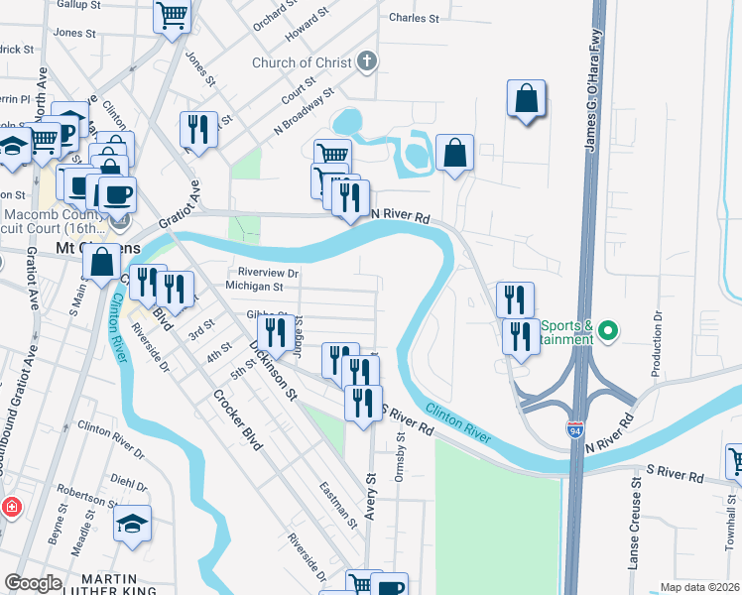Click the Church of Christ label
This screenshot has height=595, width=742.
302,63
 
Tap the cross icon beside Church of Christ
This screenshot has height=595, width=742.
367,62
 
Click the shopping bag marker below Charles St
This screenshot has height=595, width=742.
527,99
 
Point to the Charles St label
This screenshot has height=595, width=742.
414,18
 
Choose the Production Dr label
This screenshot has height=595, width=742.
657,344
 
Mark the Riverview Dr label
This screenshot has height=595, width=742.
268,272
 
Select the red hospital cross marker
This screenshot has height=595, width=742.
12,507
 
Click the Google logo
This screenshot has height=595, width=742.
34,583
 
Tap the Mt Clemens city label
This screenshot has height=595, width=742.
111,246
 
